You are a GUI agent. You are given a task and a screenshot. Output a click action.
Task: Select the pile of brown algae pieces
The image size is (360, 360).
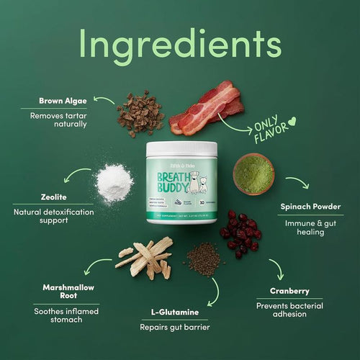tap(140, 113)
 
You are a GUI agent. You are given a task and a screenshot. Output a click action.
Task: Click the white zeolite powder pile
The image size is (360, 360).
tap(115, 181)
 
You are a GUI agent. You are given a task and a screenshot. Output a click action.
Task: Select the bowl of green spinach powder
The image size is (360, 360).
tap(253, 173)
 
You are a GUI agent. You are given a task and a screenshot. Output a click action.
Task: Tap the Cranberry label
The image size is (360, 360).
tap(290, 292)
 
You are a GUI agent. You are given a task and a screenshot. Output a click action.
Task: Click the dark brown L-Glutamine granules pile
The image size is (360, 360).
tap(204, 259)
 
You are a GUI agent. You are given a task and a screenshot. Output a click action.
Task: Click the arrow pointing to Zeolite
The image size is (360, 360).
tap(76, 175)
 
